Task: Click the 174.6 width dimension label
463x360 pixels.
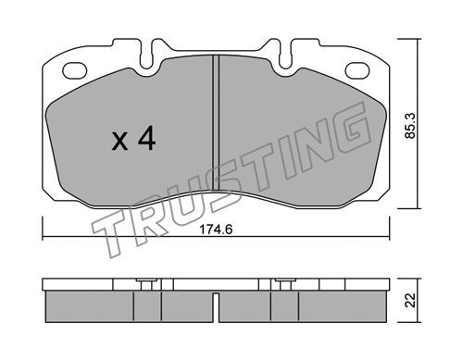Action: point(216,230)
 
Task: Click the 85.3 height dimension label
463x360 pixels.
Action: point(411,126)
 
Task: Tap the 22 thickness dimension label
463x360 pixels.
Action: point(410,300)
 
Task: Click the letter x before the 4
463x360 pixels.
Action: point(119,142)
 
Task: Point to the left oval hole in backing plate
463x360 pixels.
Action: point(75,70)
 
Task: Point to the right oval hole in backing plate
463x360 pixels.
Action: point(357,70)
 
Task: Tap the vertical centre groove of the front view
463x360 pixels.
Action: point(216,123)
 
